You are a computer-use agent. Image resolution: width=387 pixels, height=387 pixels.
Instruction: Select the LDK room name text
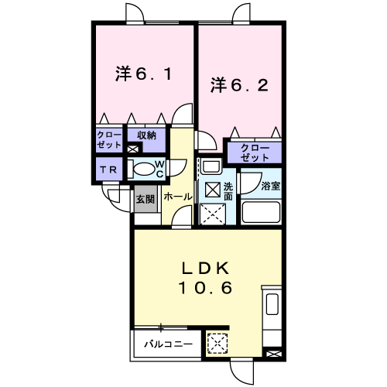point(205,269)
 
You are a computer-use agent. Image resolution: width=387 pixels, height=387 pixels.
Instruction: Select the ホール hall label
point(177,197)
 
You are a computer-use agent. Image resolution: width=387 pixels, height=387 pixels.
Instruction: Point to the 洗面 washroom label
point(228,192)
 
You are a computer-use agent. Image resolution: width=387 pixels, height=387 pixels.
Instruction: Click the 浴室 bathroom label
point(269,187)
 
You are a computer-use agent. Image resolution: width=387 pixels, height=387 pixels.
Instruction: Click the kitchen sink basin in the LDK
point(272,304)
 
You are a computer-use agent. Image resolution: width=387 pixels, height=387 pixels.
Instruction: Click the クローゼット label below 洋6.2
point(253,152)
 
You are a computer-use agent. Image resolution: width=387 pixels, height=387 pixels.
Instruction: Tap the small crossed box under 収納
point(132,146)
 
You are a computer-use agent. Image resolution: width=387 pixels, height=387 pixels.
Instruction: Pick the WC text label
point(159,169)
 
